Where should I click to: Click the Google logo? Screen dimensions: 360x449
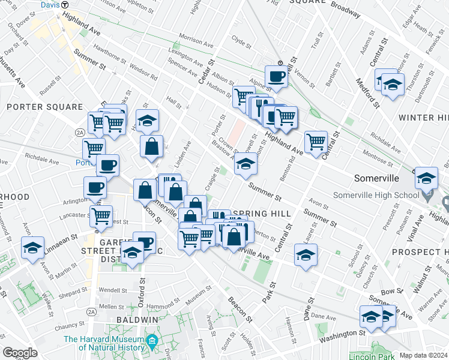coord(20,353)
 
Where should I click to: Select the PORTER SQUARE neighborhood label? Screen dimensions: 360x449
coord(44,107)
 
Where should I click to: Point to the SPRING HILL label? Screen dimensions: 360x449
coord(261,214)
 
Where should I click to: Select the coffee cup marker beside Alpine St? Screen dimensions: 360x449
coord(277,76)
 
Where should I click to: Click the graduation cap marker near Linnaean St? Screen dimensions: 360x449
coord(33,247)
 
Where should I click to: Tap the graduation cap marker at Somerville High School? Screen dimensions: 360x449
coord(426,178)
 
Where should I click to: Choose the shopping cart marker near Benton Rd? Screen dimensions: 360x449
coord(316,142)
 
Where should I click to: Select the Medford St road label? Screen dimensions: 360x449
coord(368,92)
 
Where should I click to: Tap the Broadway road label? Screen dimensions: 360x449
coord(345,10)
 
